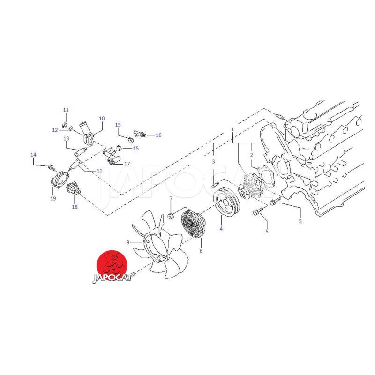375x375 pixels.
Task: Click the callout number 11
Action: click(66, 110)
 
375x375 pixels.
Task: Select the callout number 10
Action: click(102, 119)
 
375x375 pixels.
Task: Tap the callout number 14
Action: click(33, 155)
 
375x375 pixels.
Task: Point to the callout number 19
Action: click(53, 198)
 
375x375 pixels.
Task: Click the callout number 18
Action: click(75, 207)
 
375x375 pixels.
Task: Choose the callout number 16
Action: click(158, 135)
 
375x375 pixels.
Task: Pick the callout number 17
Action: click(127, 164)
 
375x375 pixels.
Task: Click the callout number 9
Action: click(127, 242)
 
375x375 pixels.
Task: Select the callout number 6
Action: click(201, 251)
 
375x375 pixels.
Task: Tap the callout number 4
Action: click(221, 229)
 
